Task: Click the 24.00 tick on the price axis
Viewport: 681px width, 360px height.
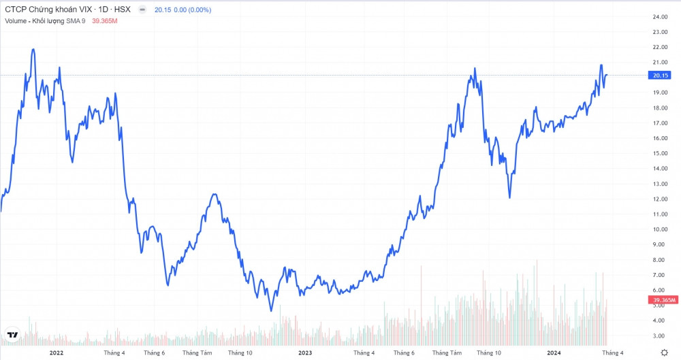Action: pyautogui.click(x=659, y=16)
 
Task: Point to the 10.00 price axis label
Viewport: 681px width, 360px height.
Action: pyautogui.click(x=659, y=229)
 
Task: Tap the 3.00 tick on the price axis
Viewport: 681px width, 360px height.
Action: pyautogui.click(x=659, y=336)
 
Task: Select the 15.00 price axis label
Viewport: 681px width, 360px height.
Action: pyautogui.click(x=659, y=153)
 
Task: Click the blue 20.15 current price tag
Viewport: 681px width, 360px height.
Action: pyautogui.click(x=661, y=75)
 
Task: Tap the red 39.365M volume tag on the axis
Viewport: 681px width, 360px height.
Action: pyautogui.click(x=664, y=299)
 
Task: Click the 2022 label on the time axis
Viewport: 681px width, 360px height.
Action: pyautogui.click(x=56, y=353)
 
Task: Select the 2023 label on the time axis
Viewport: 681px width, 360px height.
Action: pyautogui.click(x=304, y=353)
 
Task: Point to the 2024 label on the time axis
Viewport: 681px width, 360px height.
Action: pyautogui.click(x=554, y=353)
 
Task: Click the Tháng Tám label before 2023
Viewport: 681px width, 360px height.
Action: pyautogui.click(x=197, y=353)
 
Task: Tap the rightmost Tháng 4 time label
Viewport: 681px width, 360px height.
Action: pyautogui.click(x=612, y=353)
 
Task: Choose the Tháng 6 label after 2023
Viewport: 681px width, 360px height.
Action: pyautogui.click(x=404, y=353)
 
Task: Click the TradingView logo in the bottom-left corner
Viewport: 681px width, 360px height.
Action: pyautogui.click(x=12, y=335)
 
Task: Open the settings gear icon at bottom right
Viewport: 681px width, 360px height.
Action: pyautogui.click(x=664, y=352)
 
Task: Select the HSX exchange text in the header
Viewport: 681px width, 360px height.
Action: pyautogui.click(x=124, y=10)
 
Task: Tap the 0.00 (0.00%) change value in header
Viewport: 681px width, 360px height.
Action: pyautogui.click(x=193, y=10)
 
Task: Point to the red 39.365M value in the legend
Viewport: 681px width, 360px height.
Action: pyautogui.click(x=105, y=21)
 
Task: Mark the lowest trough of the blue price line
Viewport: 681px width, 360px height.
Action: pyautogui.click(x=271, y=311)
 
